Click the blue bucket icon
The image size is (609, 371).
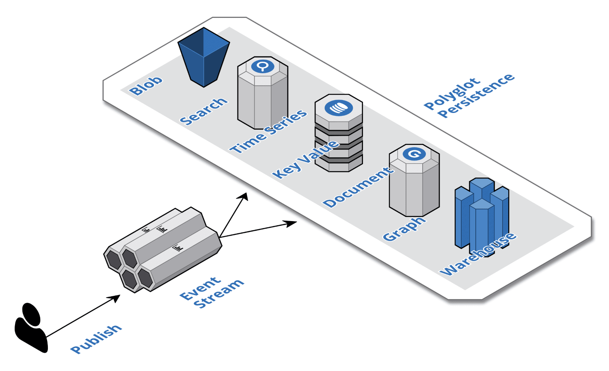click(x=204, y=57)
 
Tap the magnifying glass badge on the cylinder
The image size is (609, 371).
click(x=263, y=66)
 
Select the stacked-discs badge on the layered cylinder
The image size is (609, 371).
click(x=339, y=108)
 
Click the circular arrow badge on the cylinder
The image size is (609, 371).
click(x=414, y=154)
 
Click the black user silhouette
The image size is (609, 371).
click(x=31, y=328)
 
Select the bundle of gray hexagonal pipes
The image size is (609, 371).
click(x=162, y=250)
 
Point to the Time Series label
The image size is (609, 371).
click(x=268, y=131)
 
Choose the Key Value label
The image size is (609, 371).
click(x=306, y=159)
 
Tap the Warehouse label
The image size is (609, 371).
click(x=477, y=254)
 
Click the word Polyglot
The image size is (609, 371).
click(x=452, y=94)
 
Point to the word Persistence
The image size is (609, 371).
click(x=476, y=95)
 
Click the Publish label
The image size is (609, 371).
click(x=96, y=339)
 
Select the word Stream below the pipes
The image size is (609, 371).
click(x=219, y=294)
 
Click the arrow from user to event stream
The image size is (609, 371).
click(x=83, y=316)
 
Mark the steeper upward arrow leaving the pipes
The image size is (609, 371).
click(x=233, y=215)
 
